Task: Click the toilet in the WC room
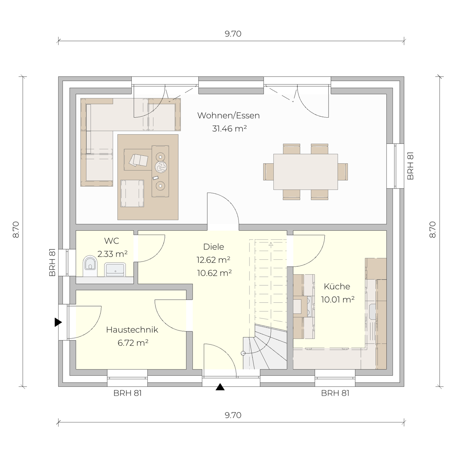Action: coord(90,266)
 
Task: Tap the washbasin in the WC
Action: coord(115,270)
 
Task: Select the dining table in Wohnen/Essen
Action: coord(305,172)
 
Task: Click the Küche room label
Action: coord(337,287)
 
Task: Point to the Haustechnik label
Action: coord(132,329)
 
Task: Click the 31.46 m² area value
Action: coord(229,129)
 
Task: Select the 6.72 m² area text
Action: coord(133,343)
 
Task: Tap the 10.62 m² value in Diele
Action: coord(214,273)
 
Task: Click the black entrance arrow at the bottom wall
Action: coord(220,387)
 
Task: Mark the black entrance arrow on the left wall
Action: coord(58,322)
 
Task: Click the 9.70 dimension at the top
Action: coord(233,34)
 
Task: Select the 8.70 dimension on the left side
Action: coord(16,230)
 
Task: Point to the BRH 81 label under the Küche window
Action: coord(335,393)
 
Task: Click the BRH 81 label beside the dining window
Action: coord(410,166)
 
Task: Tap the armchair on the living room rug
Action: coord(132,194)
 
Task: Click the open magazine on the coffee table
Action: coord(138,160)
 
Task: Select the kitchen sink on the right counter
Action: coord(373,312)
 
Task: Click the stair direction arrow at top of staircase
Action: coord(271,244)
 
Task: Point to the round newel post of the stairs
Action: coord(243,353)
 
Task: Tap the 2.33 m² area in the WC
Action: coord(112,254)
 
